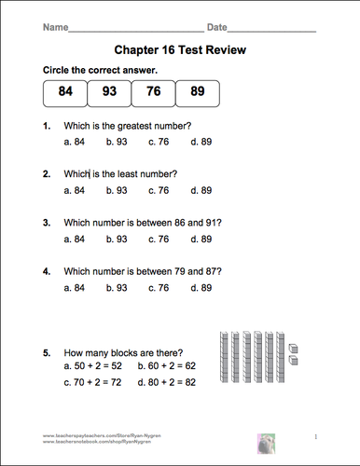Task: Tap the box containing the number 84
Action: point(64,91)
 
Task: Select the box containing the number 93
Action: point(108,91)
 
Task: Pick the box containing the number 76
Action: point(153,91)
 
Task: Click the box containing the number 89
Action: point(197,91)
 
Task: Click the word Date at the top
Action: point(217,28)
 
